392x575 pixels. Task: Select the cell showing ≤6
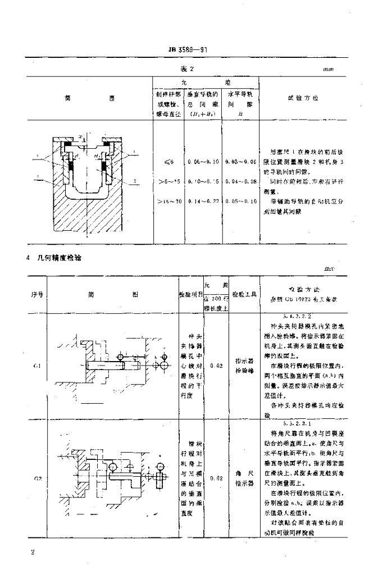point(169,162)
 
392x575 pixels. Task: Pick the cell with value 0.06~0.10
point(203,162)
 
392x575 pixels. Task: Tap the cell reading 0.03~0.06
point(240,162)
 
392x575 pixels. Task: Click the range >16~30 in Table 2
point(168,200)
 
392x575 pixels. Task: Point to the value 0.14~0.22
point(203,200)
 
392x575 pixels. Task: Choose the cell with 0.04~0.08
point(240,181)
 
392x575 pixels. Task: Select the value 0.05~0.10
point(240,200)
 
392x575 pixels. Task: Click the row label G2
point(37,478)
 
